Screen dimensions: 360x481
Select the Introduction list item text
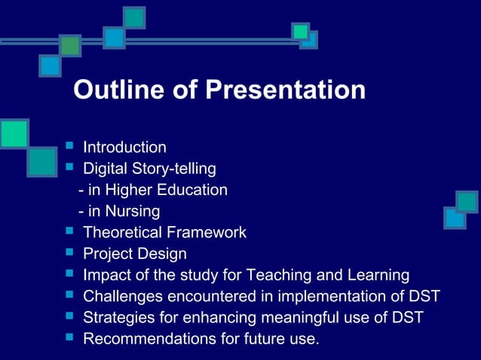click(x=124, y=147)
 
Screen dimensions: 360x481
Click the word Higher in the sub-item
click(x=133, y=190)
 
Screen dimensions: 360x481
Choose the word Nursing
click(x=133, y=212)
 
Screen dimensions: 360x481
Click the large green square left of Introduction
click(x=14, y=133)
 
